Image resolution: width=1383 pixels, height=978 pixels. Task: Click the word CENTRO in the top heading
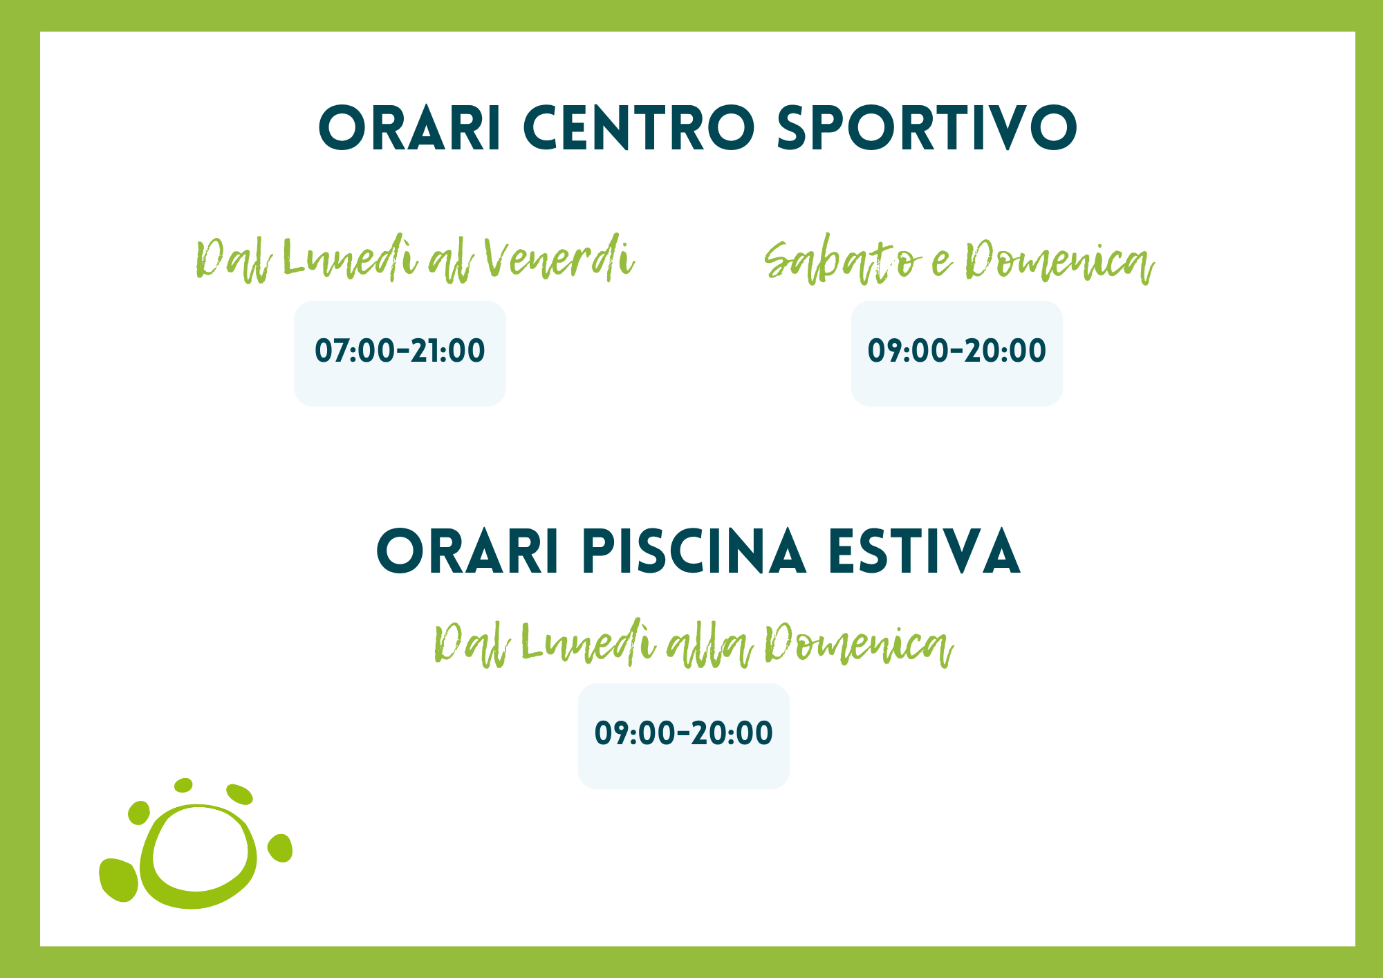tap(639, 128)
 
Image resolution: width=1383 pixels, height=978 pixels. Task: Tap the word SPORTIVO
tap(927, 128)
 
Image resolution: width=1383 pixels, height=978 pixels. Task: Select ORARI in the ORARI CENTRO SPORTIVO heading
tap(409, 128)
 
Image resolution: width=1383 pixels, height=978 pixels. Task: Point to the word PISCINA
tap(694, 551)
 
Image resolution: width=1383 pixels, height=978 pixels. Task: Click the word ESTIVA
tap(925, 551)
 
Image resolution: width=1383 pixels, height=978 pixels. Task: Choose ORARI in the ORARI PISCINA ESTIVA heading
tap(467, 551)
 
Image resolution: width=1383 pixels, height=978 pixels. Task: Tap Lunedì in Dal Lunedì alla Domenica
tap(588, 643)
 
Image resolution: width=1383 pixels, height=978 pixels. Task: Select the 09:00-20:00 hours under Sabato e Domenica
tap(957, 351)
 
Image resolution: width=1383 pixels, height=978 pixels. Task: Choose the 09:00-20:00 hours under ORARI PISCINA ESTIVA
tap(683, 733)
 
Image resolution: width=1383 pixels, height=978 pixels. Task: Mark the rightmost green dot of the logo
tap(280, 848)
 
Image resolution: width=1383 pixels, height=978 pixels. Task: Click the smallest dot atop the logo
tap(183, 785)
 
